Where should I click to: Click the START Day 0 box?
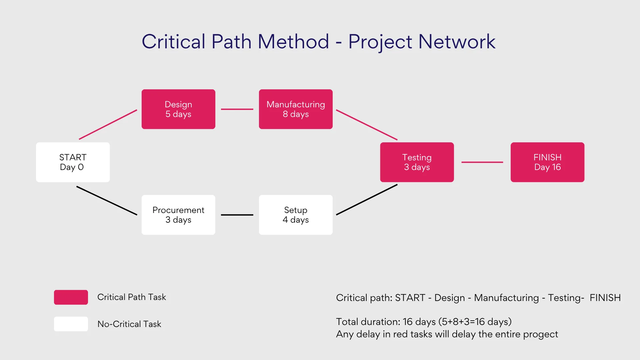pyautogui.click(x=73, y=162)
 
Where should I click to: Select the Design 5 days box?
pyautogui.click(x=178, y=109)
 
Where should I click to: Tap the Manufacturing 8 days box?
pyautogui.click(x=296, y=109)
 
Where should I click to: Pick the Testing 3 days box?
pyautogui.click(x=417, y=162)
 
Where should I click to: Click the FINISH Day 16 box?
pyautogui.click(x=547, y=162)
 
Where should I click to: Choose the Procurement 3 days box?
pyautogui.click(x=178, y=215)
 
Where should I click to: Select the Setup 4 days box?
pyautogui.click(x=296, y=215)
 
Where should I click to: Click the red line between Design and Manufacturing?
pyautogui.click(x=237, y=109)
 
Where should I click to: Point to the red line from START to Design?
pyautogui.click(x=108, y=124)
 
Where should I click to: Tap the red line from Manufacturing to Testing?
pyautogui.click(x=367, y=125)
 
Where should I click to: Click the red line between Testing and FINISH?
pyautogui.click(x=482, y=162)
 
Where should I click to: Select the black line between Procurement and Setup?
pyautogui.click(x=237, y=215)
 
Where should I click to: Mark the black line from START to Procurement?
pyautogui.click(x=107, y=200)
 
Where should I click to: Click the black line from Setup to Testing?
pyautogui.click(x=367, y=200)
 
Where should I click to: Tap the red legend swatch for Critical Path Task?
pyautogui.click(x=71, y=297)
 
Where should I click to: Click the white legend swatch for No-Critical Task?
pyautogui.click(x=71, y=324)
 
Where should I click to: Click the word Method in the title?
pyautogui.click(x=293, y=42)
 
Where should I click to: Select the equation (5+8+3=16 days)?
pyautogui.click(x=475, y=322)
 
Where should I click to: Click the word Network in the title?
pyautogui.click(x=457, y=42)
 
